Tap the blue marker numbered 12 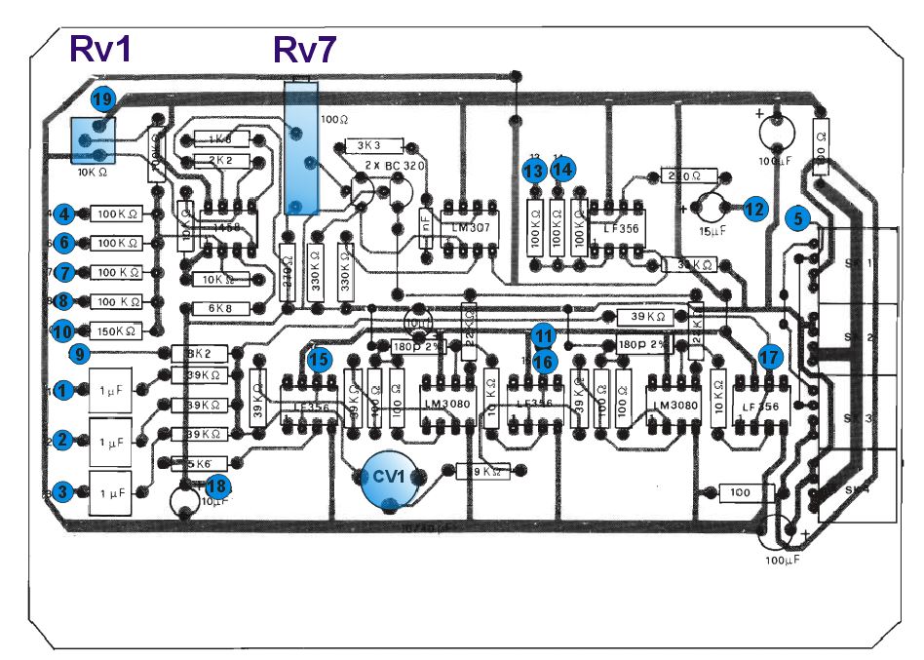point(753,207)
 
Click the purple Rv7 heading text point(305,48)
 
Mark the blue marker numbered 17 point(770,358)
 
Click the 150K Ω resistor point(117,330)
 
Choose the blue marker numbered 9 point(81,353)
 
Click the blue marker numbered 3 point(64,492)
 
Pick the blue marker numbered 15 point(319,359)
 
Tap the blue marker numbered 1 point(64,389)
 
